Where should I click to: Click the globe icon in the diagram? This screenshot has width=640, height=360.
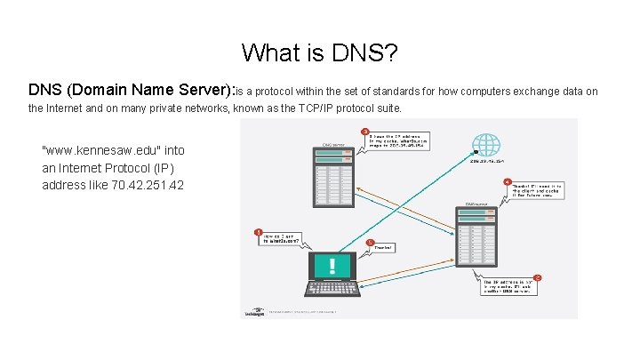485,146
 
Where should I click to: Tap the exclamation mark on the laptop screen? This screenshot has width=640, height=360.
332,266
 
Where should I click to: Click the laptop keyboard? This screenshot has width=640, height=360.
332,289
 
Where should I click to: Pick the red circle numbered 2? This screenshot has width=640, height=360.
537,278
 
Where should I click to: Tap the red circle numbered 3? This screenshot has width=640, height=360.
364,132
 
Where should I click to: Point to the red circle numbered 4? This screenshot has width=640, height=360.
507,182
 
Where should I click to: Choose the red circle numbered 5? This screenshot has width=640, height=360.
370,241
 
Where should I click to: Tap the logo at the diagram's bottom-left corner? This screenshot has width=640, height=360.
252,311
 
